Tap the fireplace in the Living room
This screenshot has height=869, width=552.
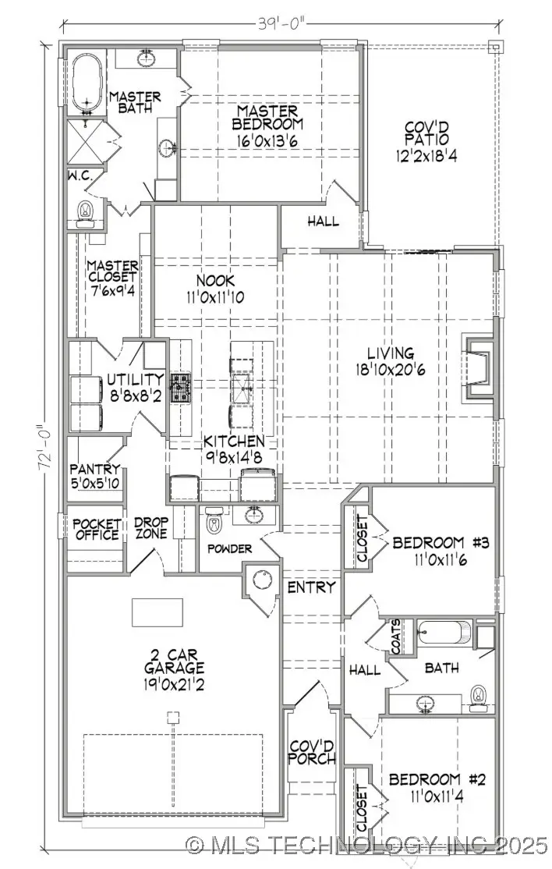click(478, 367)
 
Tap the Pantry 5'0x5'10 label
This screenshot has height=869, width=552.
click(95, 476)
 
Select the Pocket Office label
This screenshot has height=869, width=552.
click(97, 529)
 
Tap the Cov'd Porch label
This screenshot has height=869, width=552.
click(312, 752)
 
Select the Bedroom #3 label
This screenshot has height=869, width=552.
click(440, 550)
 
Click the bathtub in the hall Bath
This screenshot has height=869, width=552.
click(444, 633)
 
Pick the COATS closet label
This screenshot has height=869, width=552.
click(397, 638)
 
